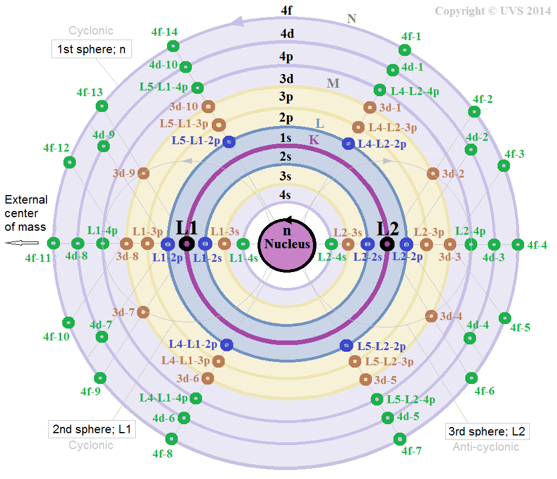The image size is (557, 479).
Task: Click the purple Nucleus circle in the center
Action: click(x=288, y=244)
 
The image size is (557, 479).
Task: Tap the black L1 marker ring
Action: click(x=186, y=244)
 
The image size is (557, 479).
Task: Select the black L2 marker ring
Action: click(x=387, y=244)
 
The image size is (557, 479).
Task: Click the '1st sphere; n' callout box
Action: click(x=91, y=49)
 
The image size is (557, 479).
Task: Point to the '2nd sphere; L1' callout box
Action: click(x=92, y=429)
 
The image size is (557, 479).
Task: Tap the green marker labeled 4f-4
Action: click(x=517, y=244)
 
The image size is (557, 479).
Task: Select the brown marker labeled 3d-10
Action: click(x=208, y=106)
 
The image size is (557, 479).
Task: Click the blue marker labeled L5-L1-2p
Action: click(x=229, y=141)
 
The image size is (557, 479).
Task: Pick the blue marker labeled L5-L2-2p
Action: click(x=346, y=345)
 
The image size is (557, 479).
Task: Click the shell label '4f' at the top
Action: click(x=287, y=10)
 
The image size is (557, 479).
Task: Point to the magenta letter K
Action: click(x=314, y=140)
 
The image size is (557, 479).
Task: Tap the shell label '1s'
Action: click(x=286, y=138)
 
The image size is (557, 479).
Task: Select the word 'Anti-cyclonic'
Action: click(x=486, y=447)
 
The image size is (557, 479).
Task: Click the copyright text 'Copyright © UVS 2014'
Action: click(x=492, y=11)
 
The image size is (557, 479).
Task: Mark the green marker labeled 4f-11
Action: click(x=53, y=244)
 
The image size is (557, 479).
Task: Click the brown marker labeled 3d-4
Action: click(x=431, y=316)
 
